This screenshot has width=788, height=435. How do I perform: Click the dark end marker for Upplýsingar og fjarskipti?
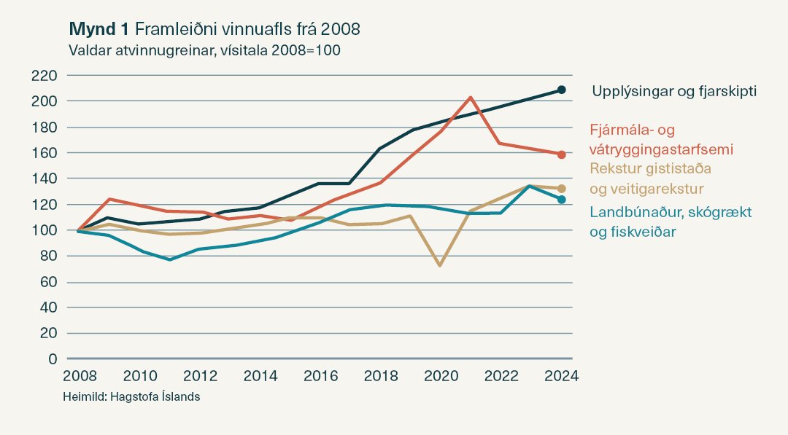click(x=562, y=90)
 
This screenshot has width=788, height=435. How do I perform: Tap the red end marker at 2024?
click(x=562, y=154)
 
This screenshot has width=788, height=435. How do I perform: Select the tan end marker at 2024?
click(x=562, y=189)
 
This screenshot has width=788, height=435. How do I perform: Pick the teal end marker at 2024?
click(x=562, y=200)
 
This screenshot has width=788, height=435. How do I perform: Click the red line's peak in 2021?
click(x=471, y=97)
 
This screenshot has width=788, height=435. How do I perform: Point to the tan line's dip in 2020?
click(x=440, y=265)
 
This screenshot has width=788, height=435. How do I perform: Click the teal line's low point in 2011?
click(x=170, y=259)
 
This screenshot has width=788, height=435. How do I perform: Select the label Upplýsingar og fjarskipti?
click(x=673, y=92)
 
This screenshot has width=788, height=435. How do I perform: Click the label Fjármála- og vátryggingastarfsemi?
click(x=661, y=139)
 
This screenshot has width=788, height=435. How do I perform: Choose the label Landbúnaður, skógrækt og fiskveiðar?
click(x=670, y=222)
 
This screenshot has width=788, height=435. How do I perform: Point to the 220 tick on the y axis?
click(x=45, y=76)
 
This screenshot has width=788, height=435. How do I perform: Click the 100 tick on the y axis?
click(x=45, y=230)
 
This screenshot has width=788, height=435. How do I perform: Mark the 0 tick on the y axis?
click(x=52, y=358)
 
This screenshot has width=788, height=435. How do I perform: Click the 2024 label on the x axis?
click(x=562, y=377)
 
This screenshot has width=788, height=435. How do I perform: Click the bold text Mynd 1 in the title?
click(x=98, y=29)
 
